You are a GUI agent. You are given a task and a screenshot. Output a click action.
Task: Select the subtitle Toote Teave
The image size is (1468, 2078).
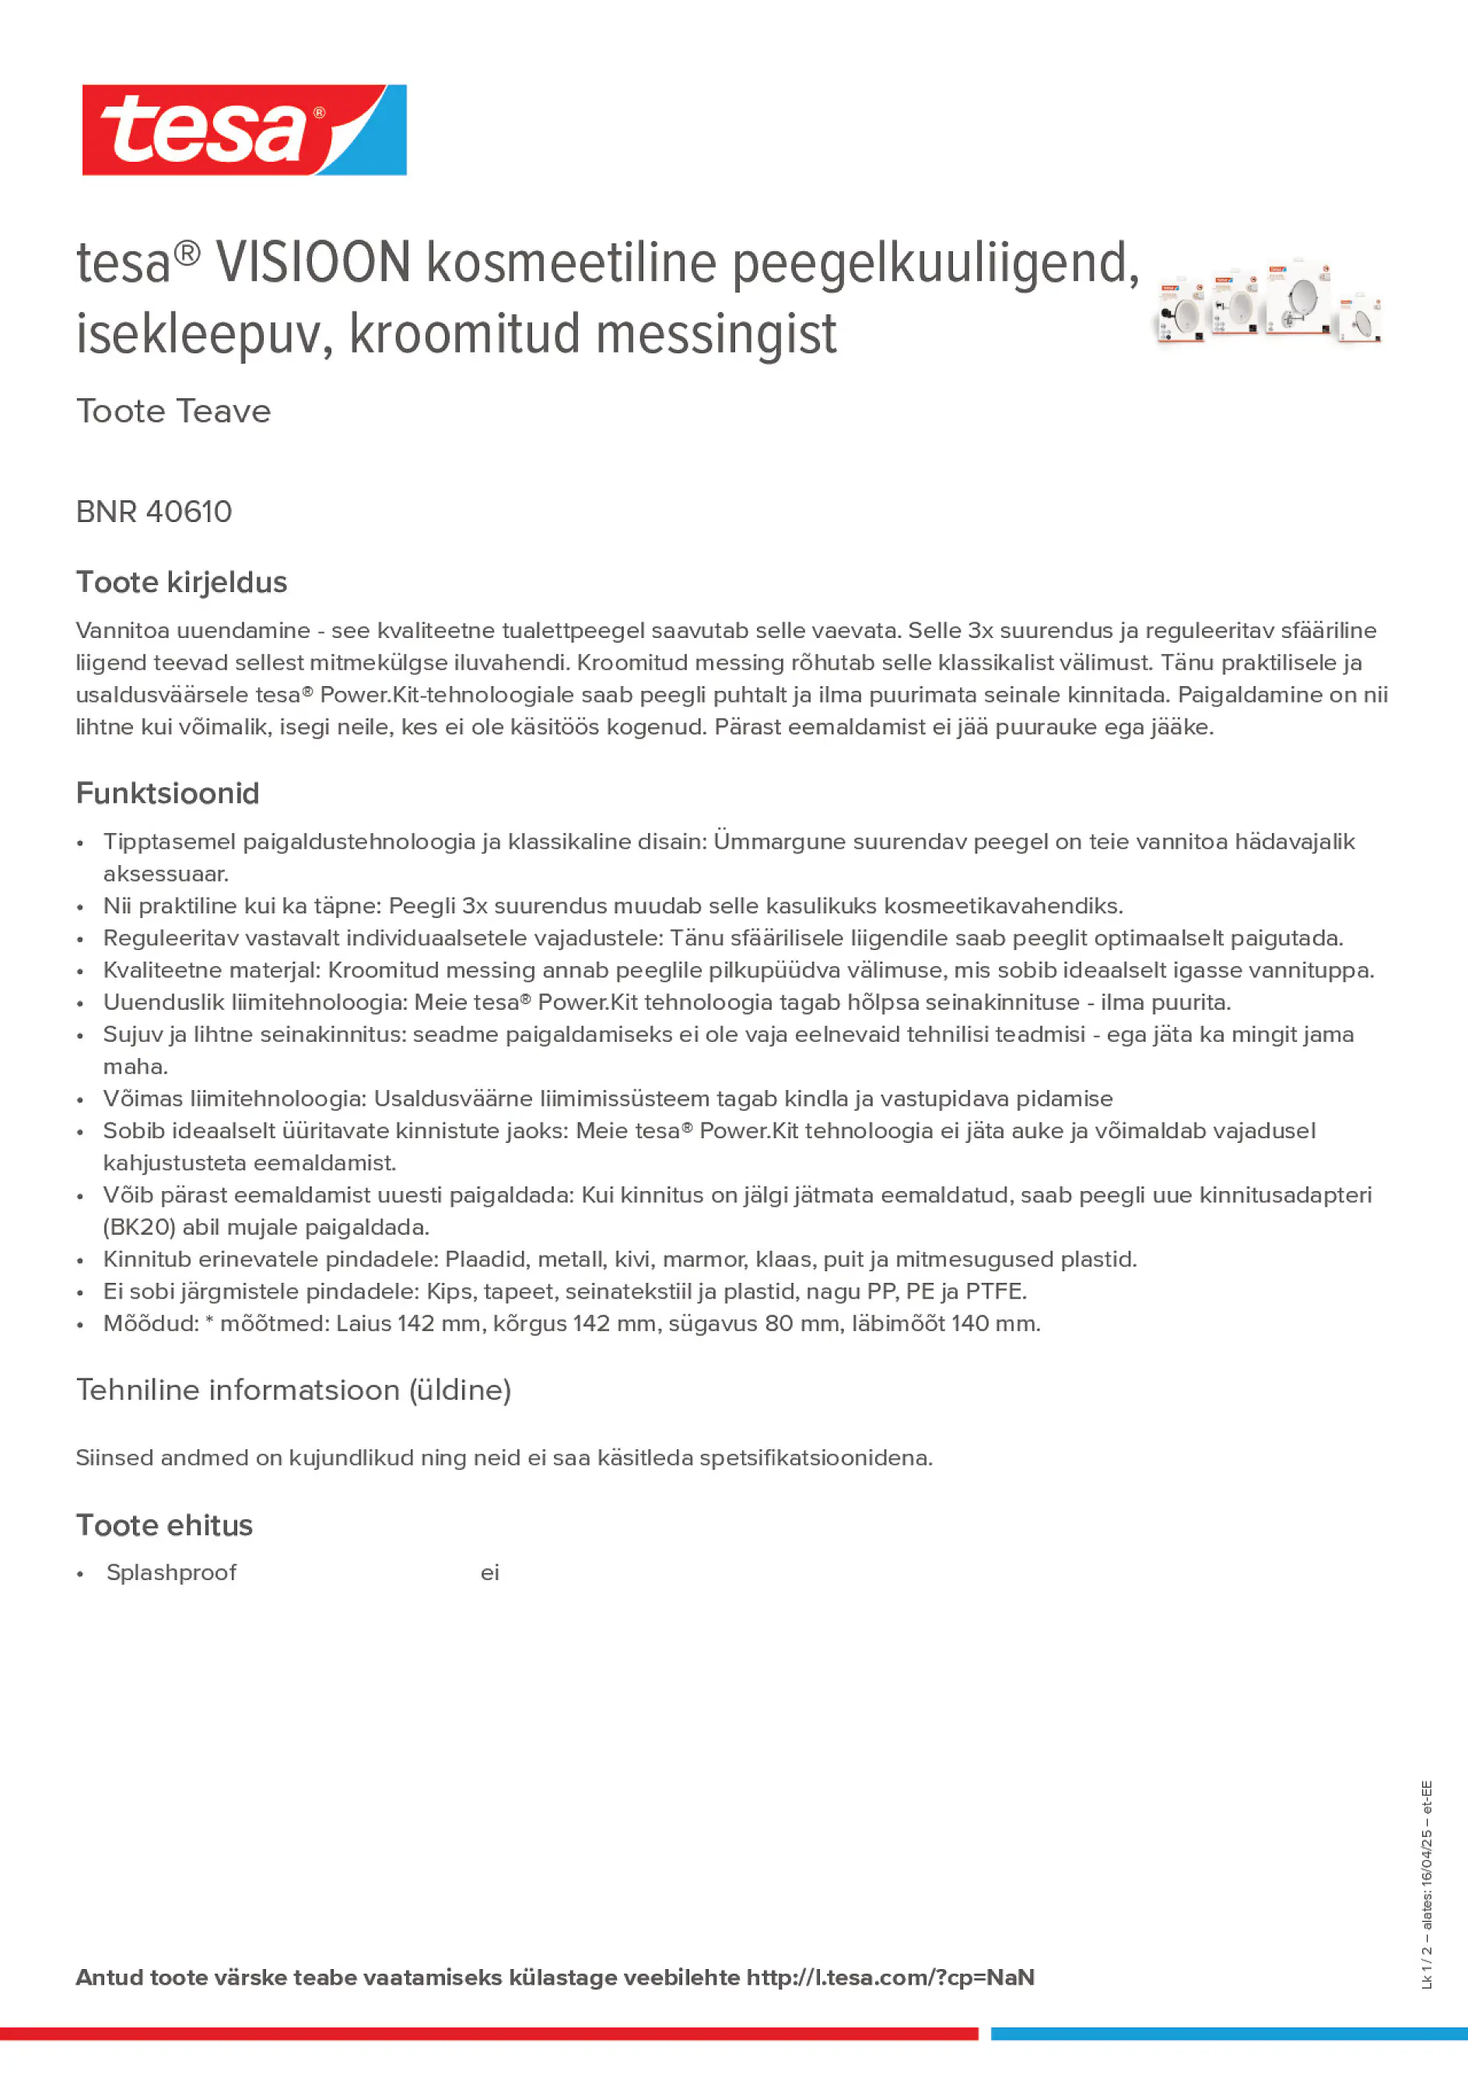(173, 412)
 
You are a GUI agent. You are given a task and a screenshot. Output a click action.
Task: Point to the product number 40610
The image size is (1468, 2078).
(188, 512)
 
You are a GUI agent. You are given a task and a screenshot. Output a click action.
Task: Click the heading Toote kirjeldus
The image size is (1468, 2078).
(181, 582)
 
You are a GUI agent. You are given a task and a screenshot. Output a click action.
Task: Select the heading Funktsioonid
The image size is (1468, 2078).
(167, 794)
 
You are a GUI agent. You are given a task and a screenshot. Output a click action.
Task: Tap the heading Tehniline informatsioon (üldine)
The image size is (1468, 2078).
(293, 1390)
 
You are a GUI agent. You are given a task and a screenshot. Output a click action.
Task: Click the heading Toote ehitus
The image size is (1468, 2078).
(164, 1526)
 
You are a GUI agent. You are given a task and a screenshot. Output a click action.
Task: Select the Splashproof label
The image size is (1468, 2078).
(171, 1573)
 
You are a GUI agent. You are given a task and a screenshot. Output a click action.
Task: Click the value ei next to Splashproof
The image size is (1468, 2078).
(489, 1573)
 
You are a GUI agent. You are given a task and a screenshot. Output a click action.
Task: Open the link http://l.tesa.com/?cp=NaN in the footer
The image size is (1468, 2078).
(890, 1978)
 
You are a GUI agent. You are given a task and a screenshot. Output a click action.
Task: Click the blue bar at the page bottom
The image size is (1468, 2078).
(1228, 2034)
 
